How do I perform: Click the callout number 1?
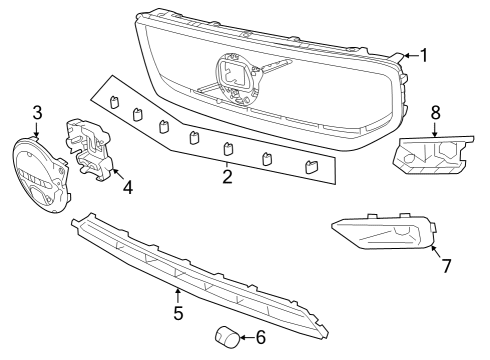point(423,55)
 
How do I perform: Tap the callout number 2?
point(228,177)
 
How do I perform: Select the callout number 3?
point(37,111)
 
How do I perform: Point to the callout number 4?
point(127,187)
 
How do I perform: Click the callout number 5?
point(177,312)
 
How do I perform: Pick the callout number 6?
point(261,337)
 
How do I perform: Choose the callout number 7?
point(446,266)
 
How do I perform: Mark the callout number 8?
point(435,112)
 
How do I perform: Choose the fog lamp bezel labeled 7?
point(385,235)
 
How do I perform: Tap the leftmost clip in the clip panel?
point(116,102)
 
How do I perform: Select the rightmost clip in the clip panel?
point(310,167)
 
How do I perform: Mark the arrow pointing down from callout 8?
point(435,128)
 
